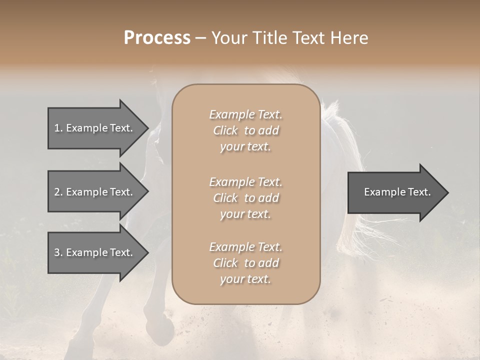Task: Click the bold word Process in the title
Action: coord(157,38)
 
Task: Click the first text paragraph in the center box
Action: coord(245,130)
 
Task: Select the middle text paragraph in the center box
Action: coord(245,198)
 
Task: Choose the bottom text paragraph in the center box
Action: coord(245,263)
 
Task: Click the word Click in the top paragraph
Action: coord(225,130)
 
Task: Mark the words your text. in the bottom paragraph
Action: coord(245,279)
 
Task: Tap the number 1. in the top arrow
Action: coord(58,128)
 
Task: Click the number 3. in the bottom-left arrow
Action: coord(58,252)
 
